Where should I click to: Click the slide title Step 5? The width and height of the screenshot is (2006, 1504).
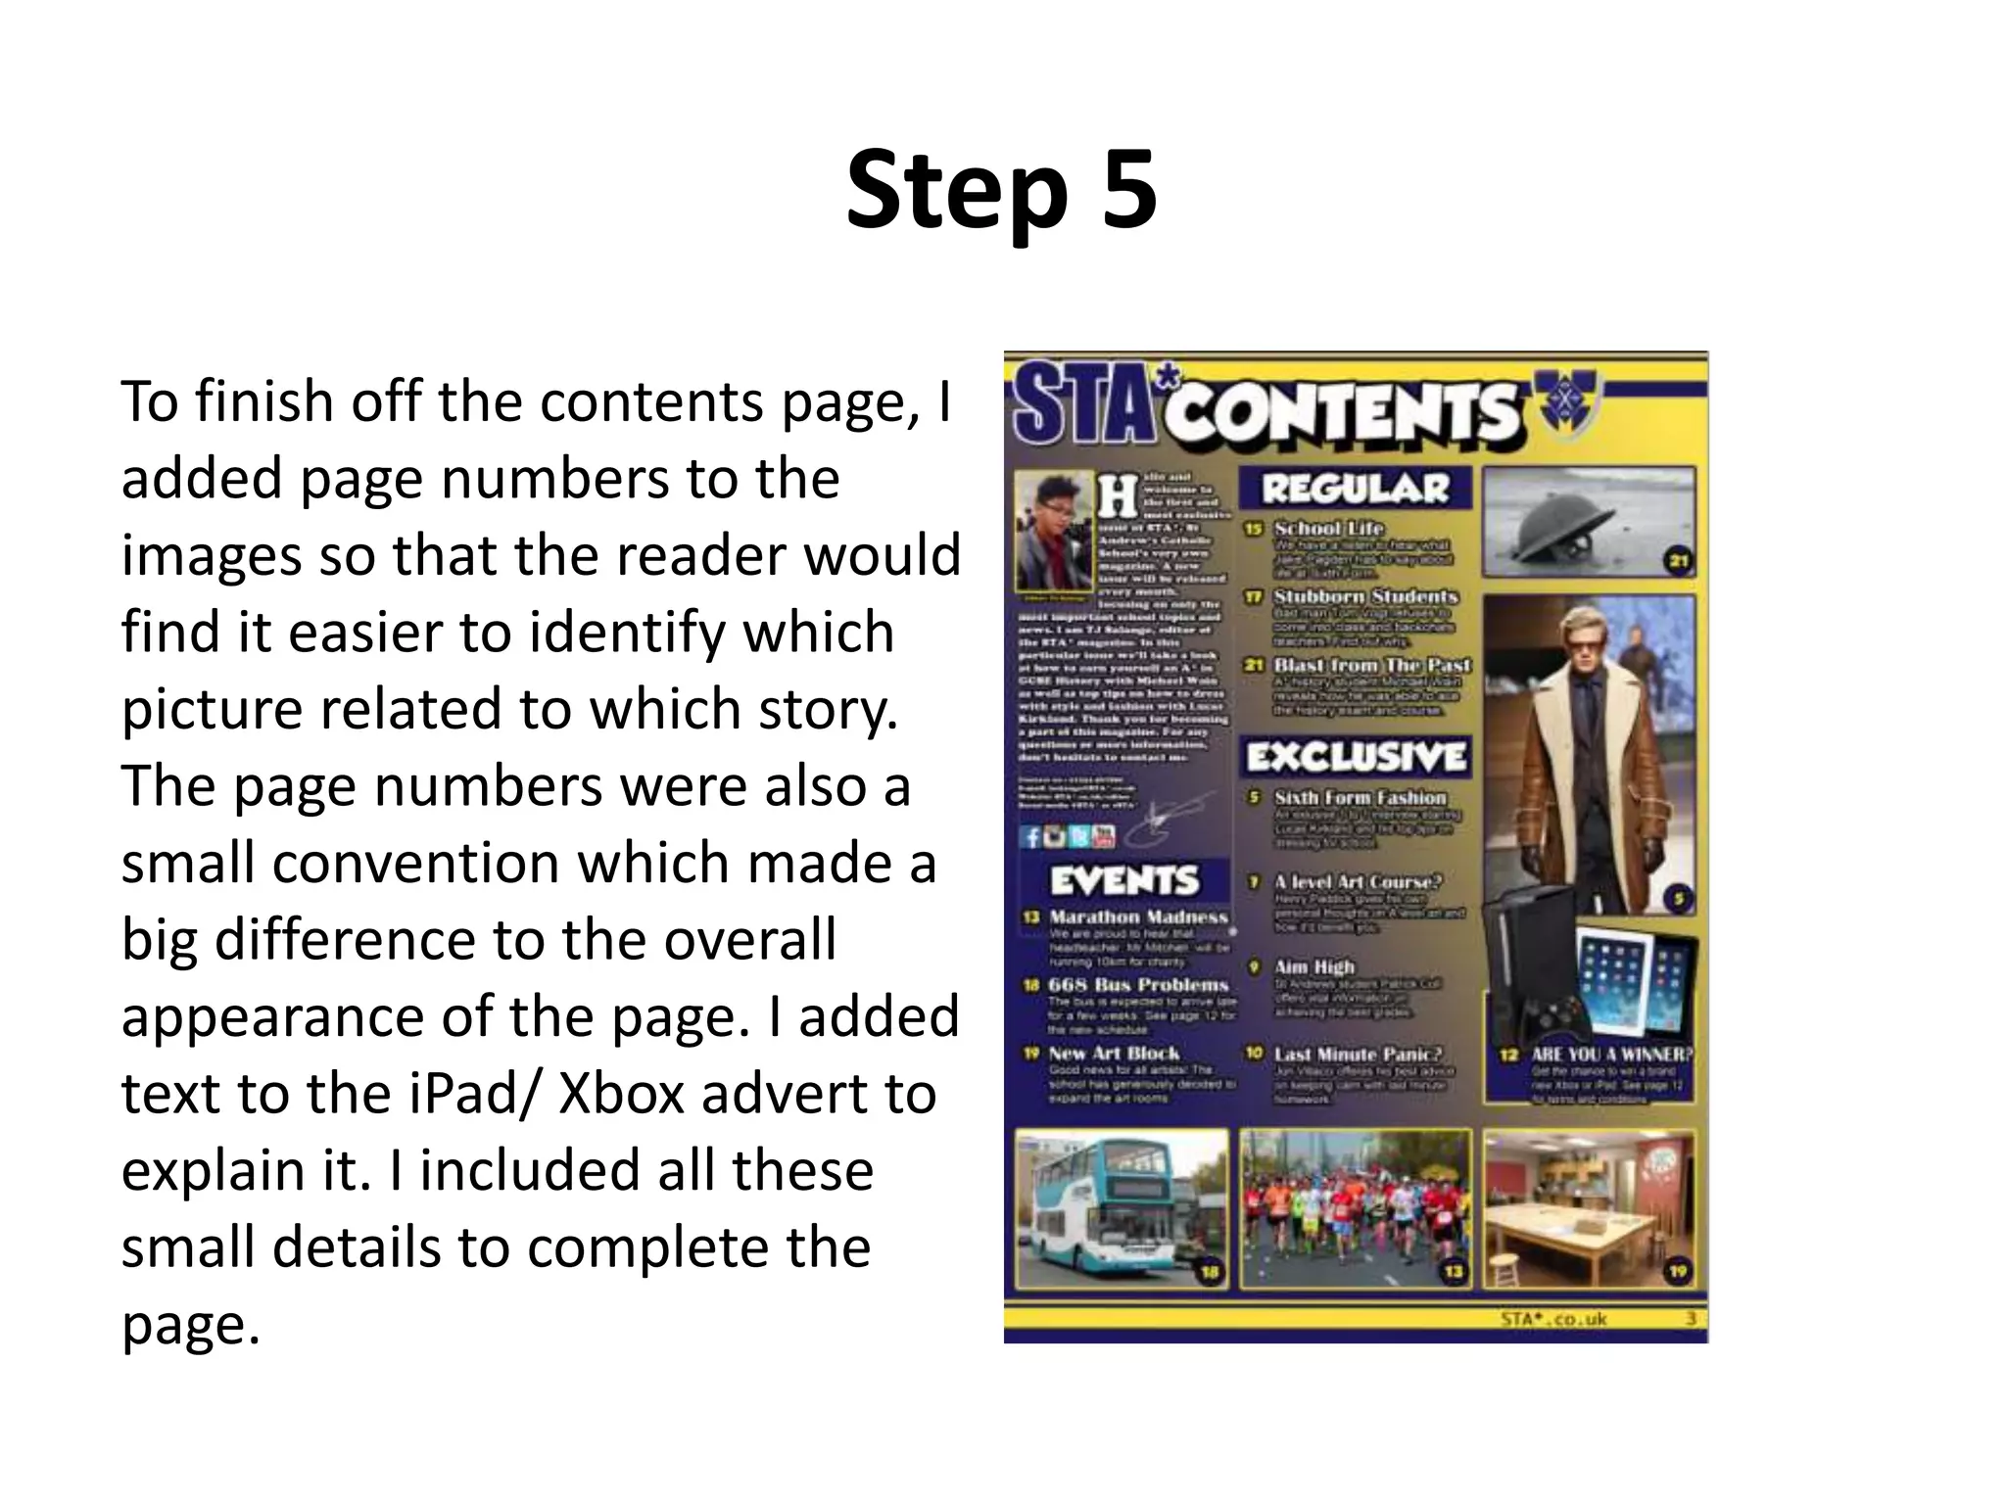(x=1001, y=190)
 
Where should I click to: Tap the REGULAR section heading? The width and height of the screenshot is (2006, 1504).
(x=1356, y=488)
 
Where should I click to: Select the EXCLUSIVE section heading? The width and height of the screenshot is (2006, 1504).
(x=1356, y=756)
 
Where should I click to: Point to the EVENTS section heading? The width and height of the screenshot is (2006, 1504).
(x=1124, y=880)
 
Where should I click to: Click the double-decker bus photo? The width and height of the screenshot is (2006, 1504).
(x=1121, y=1208)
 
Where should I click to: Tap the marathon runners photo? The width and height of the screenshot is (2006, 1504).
(x=1356, y=1208)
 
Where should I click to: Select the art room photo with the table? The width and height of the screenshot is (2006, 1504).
(x=1589, y=1208)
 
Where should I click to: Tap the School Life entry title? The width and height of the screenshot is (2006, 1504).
(x=1328, y=529)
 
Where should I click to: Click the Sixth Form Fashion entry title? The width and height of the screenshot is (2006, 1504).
(x=1360, y=798)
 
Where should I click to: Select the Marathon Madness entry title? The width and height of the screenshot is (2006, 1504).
(x=1138, y=917)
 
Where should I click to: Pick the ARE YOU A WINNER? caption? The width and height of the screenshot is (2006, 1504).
(x=1611, y=1055)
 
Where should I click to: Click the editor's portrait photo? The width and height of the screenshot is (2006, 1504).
(x=1053, y=530)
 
